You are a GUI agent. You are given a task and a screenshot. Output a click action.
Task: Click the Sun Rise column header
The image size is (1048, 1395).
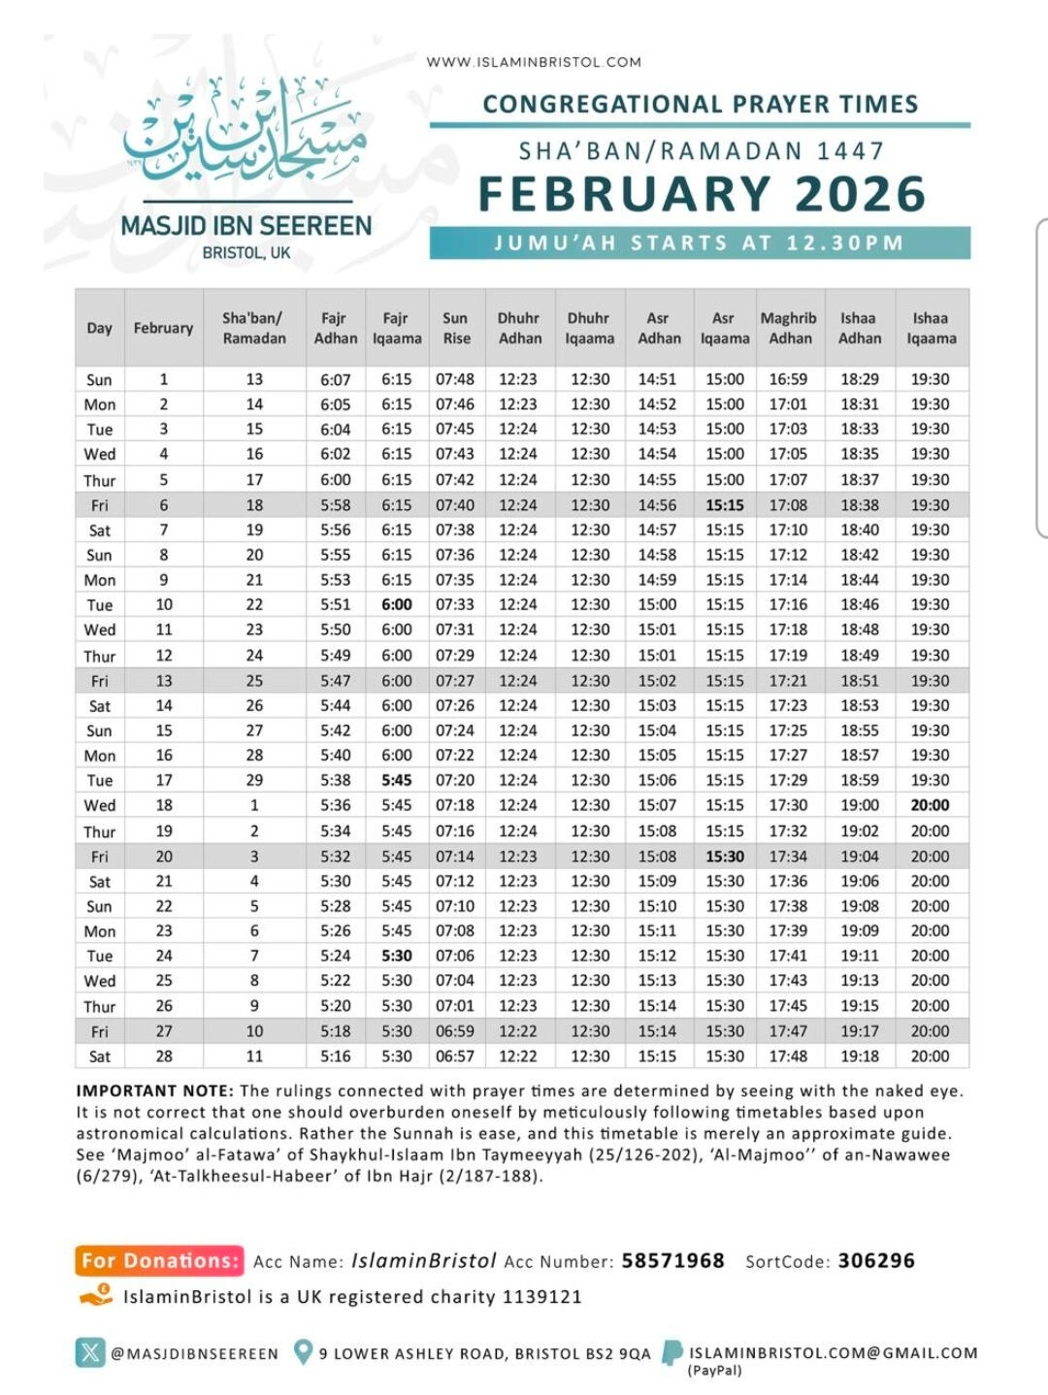pos(456,328)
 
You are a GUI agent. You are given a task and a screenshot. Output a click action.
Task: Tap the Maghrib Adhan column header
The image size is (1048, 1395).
pos(788,328)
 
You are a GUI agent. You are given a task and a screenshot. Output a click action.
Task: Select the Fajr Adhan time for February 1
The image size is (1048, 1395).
pos(335,379)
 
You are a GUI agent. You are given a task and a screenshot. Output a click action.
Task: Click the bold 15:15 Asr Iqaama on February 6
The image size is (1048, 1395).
pos(725,505)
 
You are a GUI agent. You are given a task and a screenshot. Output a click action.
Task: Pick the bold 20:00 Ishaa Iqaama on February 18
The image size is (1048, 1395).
pos(930,805)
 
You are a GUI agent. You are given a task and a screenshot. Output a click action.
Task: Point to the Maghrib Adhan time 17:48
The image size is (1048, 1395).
pos(788,1056)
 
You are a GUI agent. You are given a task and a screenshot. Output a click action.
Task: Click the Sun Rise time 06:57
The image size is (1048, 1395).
pos(455,1056)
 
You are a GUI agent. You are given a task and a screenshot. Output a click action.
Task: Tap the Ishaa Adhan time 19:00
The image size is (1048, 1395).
pos(860,805)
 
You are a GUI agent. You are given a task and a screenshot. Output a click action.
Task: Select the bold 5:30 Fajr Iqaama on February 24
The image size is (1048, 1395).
pos(397,956)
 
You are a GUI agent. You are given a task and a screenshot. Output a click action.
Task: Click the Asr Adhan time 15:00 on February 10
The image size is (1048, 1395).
pos(658,604)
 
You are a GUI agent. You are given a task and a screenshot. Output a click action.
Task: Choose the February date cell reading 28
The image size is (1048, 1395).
pos(164,1056)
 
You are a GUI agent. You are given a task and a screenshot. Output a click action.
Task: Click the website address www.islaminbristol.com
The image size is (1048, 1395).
pos(534,62)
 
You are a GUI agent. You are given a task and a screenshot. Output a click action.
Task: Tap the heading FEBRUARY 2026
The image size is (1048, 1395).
pos(702,194)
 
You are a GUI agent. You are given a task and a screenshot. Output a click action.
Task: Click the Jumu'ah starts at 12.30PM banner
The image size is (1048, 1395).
pos(700,243)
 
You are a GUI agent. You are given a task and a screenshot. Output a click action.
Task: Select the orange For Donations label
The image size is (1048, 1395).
pos(159,1261)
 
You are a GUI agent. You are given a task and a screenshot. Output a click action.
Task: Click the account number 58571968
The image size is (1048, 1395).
pos(672,1261)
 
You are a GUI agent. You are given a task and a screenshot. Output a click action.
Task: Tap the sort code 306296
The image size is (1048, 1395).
pos(876,1261)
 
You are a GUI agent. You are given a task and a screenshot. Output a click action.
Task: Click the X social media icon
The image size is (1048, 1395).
pos(90,1352)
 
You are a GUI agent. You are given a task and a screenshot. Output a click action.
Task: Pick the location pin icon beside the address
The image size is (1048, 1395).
pos(303,1351)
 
